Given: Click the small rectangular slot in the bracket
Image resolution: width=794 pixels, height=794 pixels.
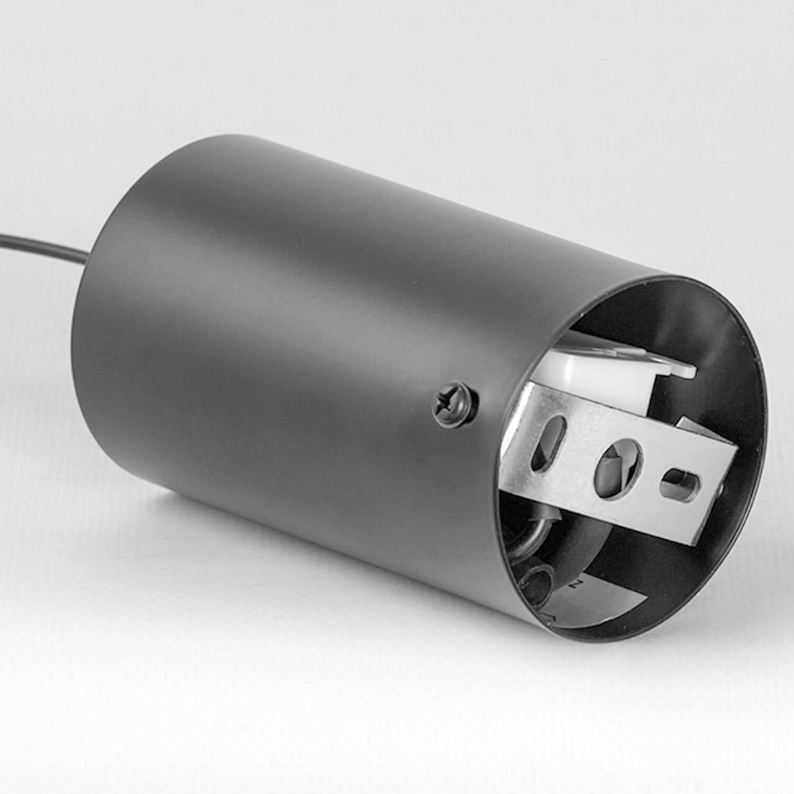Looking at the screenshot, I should coord(679,483).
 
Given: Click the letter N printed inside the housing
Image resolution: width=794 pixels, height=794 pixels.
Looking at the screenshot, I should coord(577,583).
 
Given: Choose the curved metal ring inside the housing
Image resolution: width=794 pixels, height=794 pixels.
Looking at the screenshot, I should coord(527,546).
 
